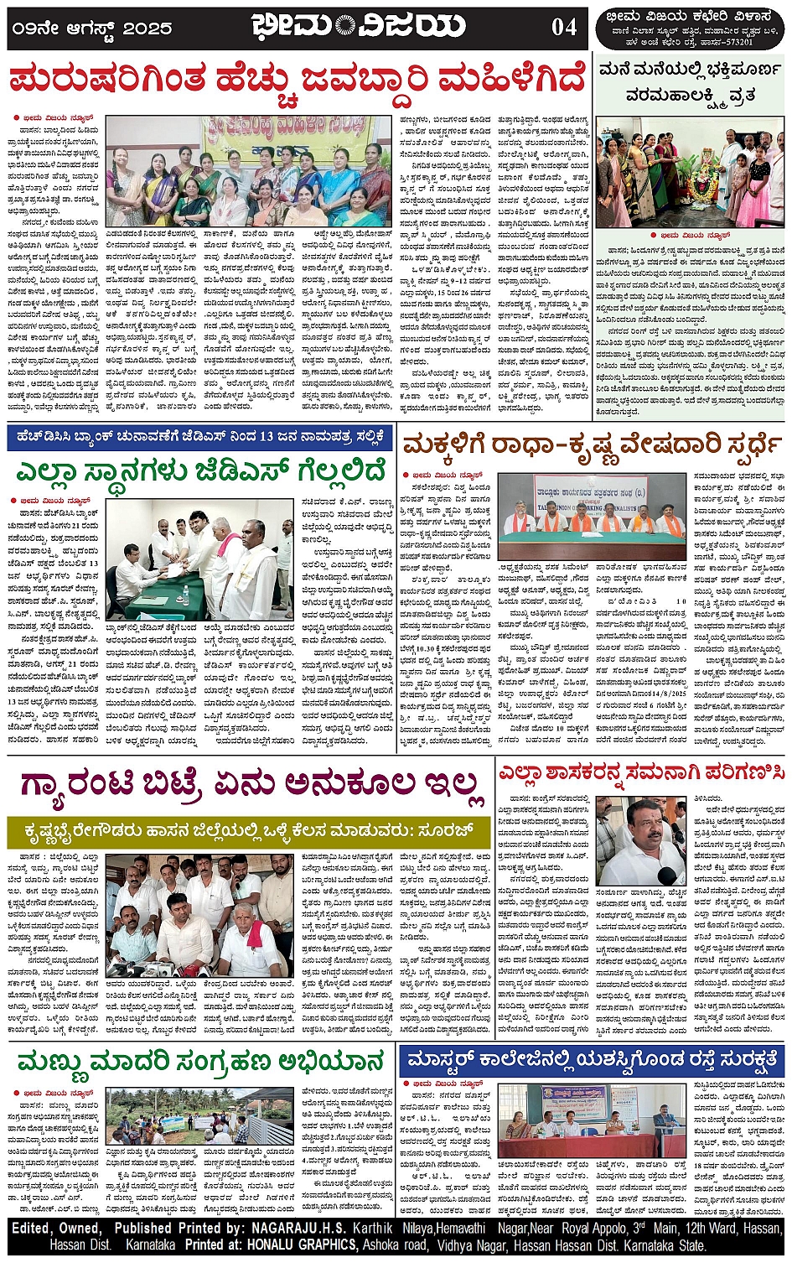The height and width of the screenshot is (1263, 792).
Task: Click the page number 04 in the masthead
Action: coord(564,27)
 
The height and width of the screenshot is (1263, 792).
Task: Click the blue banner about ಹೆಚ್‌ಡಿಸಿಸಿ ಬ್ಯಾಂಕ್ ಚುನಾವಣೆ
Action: coord(199,437)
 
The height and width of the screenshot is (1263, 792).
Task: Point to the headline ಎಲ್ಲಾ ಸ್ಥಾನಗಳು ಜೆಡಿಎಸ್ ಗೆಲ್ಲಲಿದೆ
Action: coord(199,470)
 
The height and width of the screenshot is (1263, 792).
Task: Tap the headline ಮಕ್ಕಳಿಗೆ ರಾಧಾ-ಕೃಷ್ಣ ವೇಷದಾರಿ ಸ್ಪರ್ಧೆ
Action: coord(592,444)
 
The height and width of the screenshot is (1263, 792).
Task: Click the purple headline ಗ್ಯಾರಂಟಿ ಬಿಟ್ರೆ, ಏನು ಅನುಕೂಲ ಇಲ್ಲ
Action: coord(248,784)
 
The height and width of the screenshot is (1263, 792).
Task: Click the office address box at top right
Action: coord(691,29)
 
